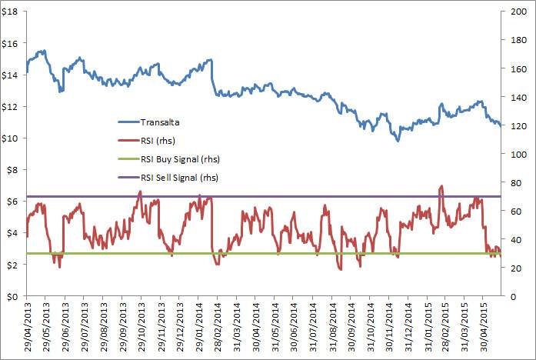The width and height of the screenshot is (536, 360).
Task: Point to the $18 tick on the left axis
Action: click(13, 12)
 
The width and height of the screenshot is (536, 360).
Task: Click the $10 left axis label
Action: click(13, 138)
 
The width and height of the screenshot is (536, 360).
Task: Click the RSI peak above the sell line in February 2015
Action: click(441, 186)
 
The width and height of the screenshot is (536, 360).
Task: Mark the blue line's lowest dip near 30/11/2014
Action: click(398, 141)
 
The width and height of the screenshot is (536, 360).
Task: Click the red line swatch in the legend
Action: click(128, 140)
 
